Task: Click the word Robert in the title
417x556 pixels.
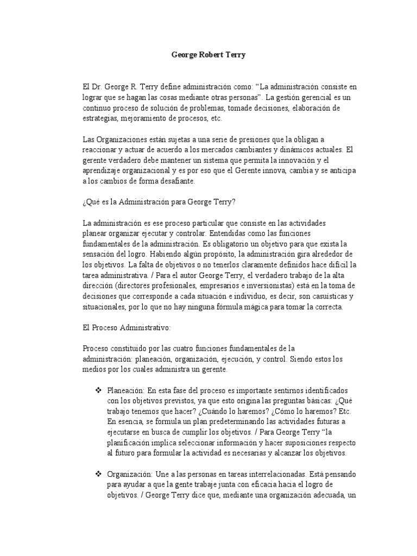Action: point(208,55)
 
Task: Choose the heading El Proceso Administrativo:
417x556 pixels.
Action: point(127,328)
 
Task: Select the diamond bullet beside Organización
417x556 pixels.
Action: point(99,474)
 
